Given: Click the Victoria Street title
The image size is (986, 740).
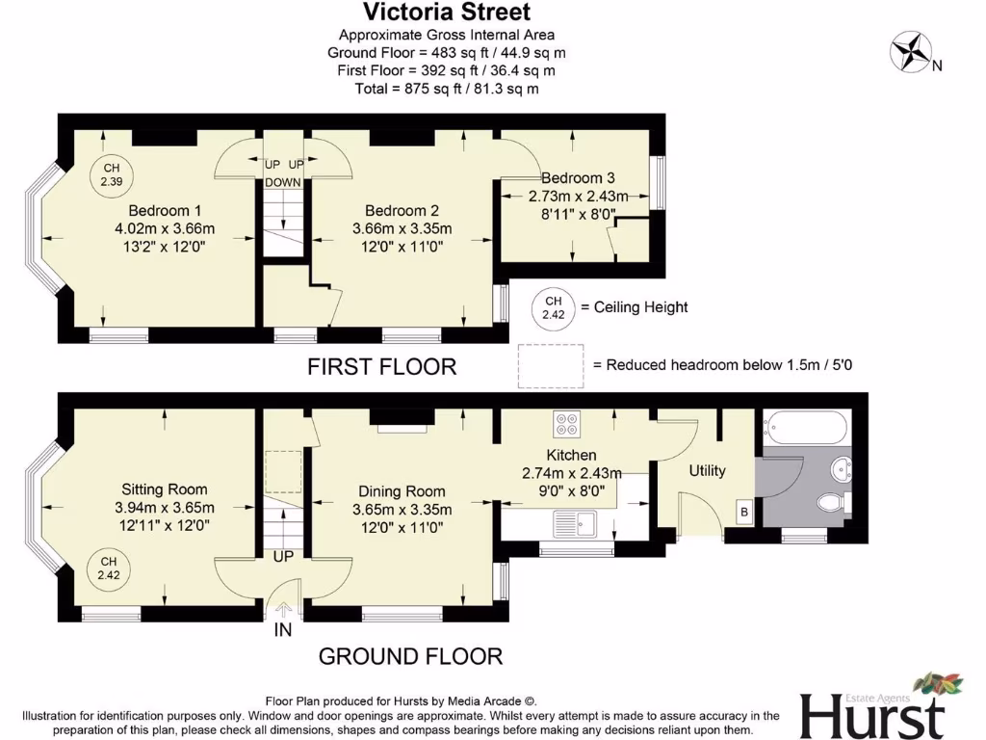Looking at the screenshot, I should click(446, 13).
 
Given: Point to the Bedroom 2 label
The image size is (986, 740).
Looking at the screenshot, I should click(402, 211).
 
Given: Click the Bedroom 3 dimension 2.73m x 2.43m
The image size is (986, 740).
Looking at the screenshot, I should click(578, 197).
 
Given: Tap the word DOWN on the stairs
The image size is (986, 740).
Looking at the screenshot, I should click(283, 182).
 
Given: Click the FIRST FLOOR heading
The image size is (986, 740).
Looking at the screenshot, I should click(381, 366).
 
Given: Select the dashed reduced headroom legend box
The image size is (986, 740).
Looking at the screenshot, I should click(551, 366).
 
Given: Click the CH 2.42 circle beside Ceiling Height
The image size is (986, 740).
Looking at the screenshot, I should click(553, 307).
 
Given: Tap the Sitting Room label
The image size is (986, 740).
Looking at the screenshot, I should click(165, 489).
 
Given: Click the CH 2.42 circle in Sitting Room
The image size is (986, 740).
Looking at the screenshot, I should click(108, 568).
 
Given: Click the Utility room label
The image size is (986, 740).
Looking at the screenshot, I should click(707, 471).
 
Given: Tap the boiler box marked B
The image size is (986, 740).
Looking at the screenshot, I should click(743, 513).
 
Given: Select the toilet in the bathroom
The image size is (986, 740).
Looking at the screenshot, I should click(830, 502).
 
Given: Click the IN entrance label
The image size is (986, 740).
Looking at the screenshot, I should click(283, 631).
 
